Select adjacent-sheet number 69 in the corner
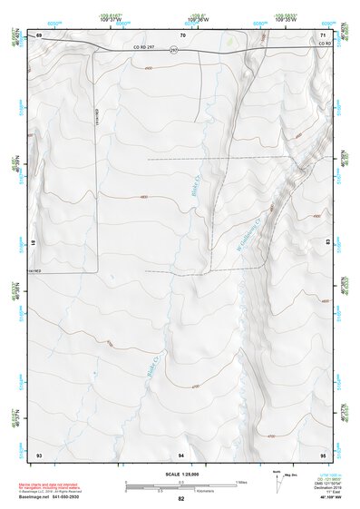39,34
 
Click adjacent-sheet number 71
324,34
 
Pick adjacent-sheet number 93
39,454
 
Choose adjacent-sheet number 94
181,454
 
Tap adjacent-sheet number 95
323,454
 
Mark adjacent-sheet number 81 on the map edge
34,243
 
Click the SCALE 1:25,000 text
180,475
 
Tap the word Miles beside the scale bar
241,482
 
